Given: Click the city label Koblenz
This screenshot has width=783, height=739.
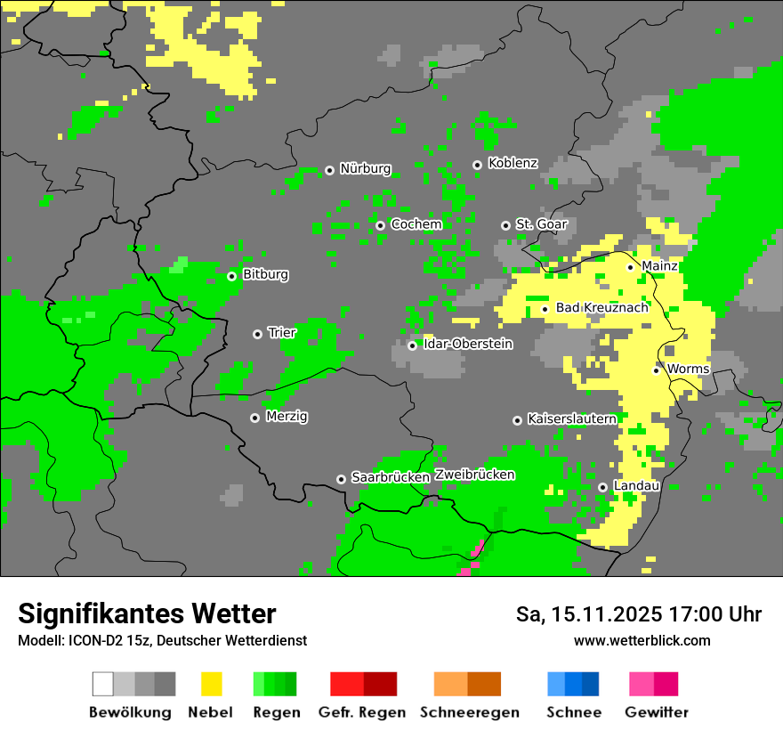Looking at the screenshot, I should click(x=513, y=164).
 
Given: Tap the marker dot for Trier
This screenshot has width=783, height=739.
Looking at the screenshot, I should click(x=258, y=334).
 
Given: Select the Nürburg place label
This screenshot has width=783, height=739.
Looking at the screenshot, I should click(x=365, y=168).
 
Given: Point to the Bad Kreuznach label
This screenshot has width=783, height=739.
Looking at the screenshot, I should click(x=601, y=308).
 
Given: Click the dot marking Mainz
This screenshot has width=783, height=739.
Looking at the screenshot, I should click(x=631, y=267).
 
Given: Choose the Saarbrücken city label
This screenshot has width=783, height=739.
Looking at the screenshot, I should click(x=391, y=478).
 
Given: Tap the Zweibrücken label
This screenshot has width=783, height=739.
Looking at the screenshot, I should click(x=474, y=475).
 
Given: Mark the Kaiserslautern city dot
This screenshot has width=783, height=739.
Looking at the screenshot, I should click(x=517, y=420).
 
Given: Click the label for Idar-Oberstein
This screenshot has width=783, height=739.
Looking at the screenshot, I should click(x=467, y=345).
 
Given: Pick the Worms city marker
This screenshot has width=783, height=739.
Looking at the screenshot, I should click(x=657, y=370).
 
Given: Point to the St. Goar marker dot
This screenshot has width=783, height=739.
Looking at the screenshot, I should click(x=505, y=225).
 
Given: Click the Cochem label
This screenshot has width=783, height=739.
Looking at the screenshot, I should click(x=416, y=224).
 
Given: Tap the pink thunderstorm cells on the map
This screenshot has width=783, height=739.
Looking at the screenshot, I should click(x=472, y=561).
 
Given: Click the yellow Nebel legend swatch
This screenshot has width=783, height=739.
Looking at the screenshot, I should click(x=211, y=684).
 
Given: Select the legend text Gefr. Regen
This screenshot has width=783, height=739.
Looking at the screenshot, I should click(x=362, y=712).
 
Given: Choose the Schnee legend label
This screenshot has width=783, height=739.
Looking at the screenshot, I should click(x=573, y=712).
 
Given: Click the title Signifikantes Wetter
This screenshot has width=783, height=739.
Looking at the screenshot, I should click(x=147, y=614).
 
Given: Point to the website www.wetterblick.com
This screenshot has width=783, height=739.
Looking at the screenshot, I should click(x=642, y=641).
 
